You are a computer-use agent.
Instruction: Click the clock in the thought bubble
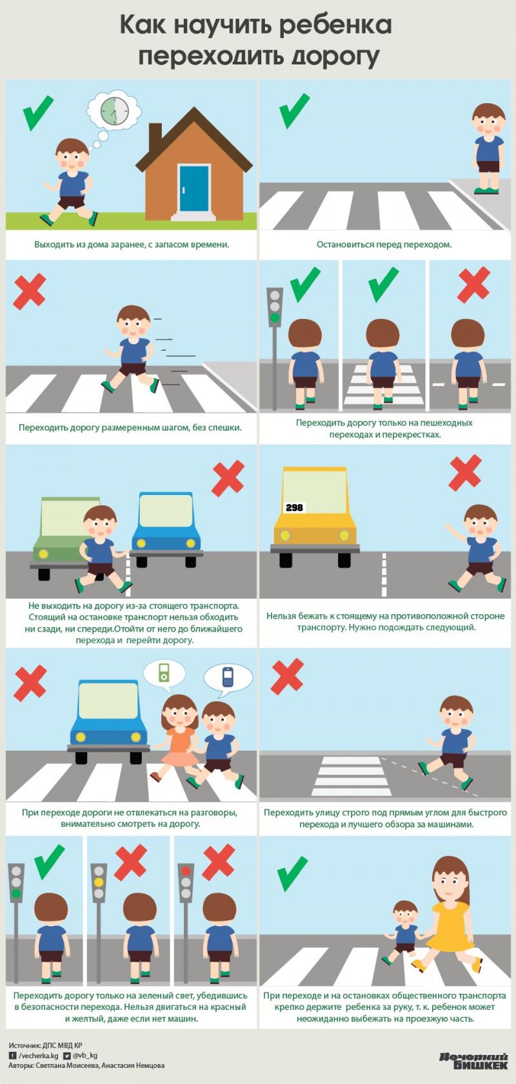[x=115, y=111]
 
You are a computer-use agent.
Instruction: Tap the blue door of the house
[x=193, y=188]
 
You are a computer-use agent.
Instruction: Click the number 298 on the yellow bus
[x=294, y=508]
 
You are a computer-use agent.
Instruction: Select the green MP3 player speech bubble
[x=164, y=673]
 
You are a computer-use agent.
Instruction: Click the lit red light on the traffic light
[x=186, y=871]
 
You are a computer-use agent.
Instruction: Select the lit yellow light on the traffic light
[x=99, y=882]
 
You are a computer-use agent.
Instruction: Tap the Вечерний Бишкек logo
[x=473, y=1060]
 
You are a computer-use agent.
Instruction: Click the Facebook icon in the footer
[x=13, y=1056]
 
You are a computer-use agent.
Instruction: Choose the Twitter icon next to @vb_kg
[x=67, y=1056]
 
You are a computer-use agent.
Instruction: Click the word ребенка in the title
[x=335, y=24]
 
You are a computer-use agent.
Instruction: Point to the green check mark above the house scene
[x=38, y=113]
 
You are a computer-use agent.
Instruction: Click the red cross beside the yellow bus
[x=464, y=473]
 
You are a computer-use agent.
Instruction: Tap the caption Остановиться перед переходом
[x=384, y=244]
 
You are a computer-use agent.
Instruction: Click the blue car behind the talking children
[x=108, y=722]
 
